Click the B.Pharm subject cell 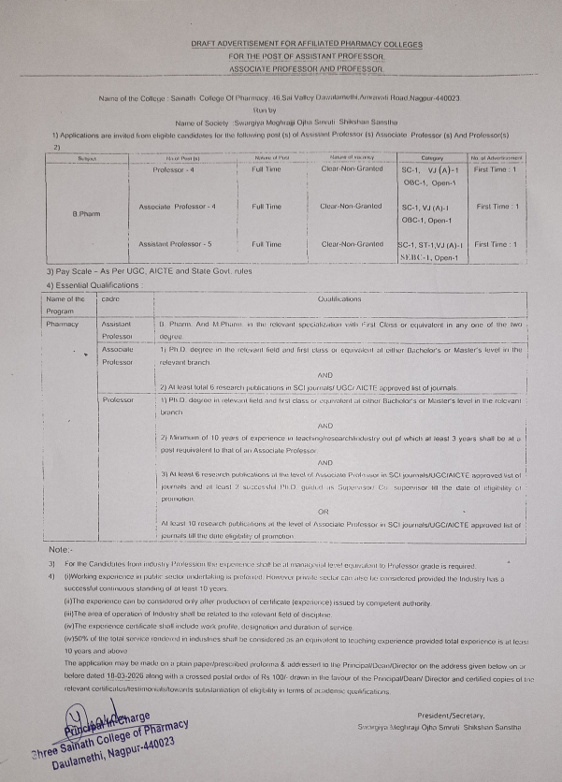point(87,214)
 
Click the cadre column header point(111,298)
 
